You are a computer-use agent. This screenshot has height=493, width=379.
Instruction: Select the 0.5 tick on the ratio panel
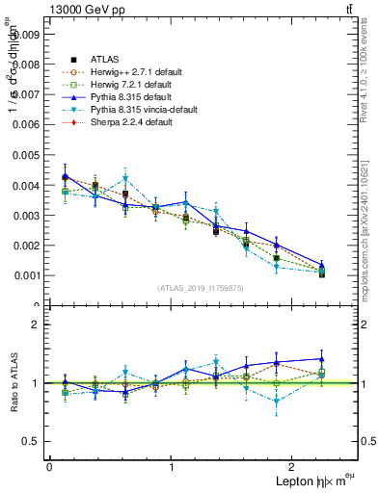pos(30,441)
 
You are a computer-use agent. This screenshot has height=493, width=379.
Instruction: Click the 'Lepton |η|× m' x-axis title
pos(308,480)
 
